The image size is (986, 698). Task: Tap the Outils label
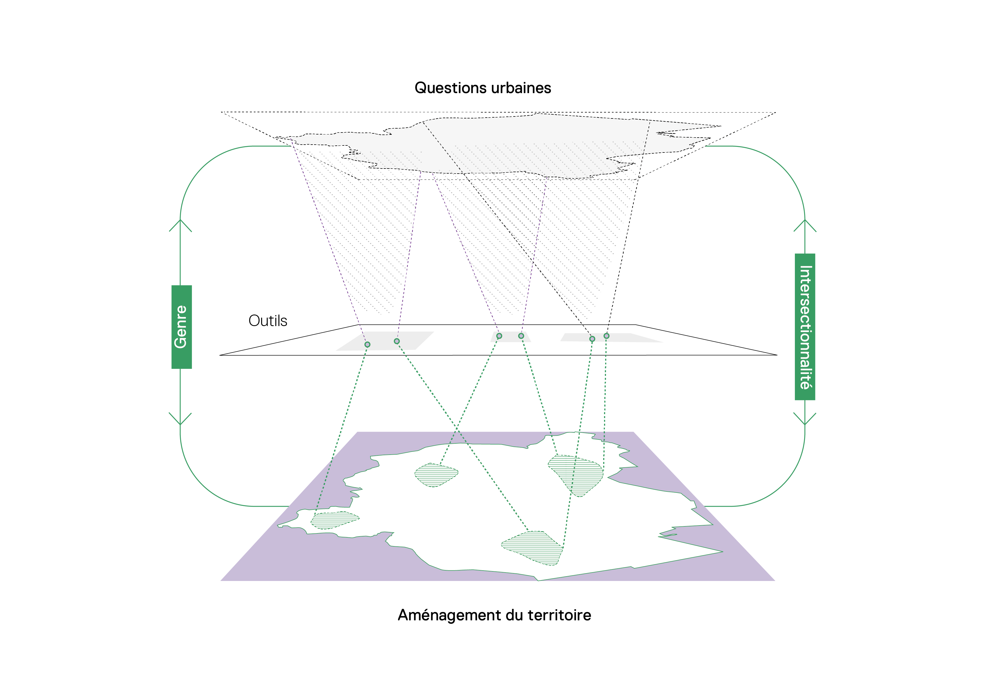(268, 321)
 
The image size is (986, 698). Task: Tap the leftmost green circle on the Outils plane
(367, 344)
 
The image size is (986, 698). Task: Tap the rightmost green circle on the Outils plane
(606, 336)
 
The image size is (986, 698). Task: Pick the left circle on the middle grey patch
(499, 336)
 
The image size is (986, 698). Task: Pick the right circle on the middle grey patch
(521, 336)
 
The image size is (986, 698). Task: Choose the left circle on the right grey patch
(592, 339)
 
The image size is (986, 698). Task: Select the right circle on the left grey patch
(397, 341)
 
